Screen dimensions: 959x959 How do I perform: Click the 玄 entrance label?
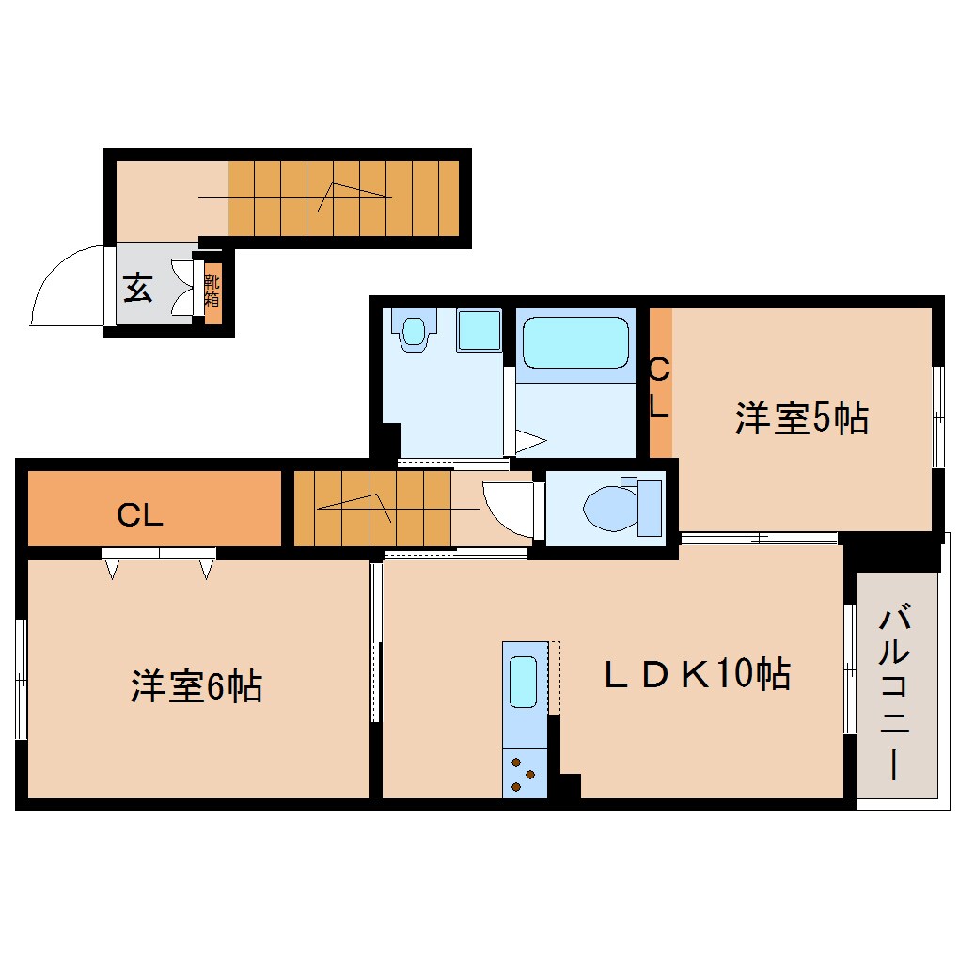tap(137, 289)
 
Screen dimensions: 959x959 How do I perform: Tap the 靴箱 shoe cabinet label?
tap(212, 290)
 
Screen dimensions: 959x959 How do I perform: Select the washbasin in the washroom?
tap(415, 330)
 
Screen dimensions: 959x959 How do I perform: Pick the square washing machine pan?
tap(479, 330)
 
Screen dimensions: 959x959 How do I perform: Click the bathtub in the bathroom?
tap(574, 343)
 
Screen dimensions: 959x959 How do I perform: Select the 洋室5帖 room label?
tap(801, 418)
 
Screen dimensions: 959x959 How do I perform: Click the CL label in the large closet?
tap(140, 514)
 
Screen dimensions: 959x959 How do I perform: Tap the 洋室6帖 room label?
tap(196, 687)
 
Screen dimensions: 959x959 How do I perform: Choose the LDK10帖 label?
tap(696, 674)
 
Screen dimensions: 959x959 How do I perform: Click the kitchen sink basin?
tap(524, 682)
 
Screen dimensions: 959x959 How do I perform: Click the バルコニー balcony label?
tap(895, 694)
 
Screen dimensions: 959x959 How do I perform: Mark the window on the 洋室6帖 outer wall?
tap(20, 678)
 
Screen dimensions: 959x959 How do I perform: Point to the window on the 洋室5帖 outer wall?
tap(937, 416)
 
